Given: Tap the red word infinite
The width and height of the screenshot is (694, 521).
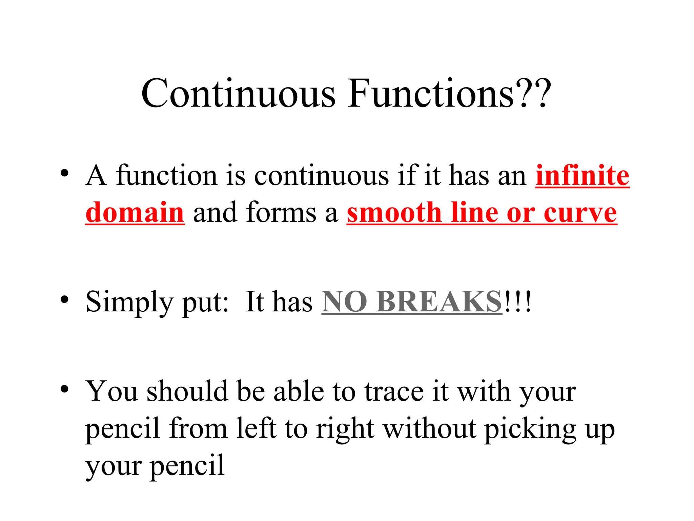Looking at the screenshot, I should click(x=582, y=175).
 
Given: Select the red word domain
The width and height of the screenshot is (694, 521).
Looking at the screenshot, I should click(x=135, y=212).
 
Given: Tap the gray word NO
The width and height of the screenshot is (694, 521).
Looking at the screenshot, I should click(x=344, y=302).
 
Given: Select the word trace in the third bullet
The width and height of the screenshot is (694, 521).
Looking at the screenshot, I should click(x=394, y=392).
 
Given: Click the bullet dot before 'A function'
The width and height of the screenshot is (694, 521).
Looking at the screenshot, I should click(x=64, y=173).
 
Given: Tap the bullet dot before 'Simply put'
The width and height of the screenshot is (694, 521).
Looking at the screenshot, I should click(x=64, y=300).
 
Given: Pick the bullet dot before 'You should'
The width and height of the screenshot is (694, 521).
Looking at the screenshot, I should click(x=64, y=389).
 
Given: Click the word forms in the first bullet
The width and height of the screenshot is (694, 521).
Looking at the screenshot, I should click(x=281, y=212).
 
